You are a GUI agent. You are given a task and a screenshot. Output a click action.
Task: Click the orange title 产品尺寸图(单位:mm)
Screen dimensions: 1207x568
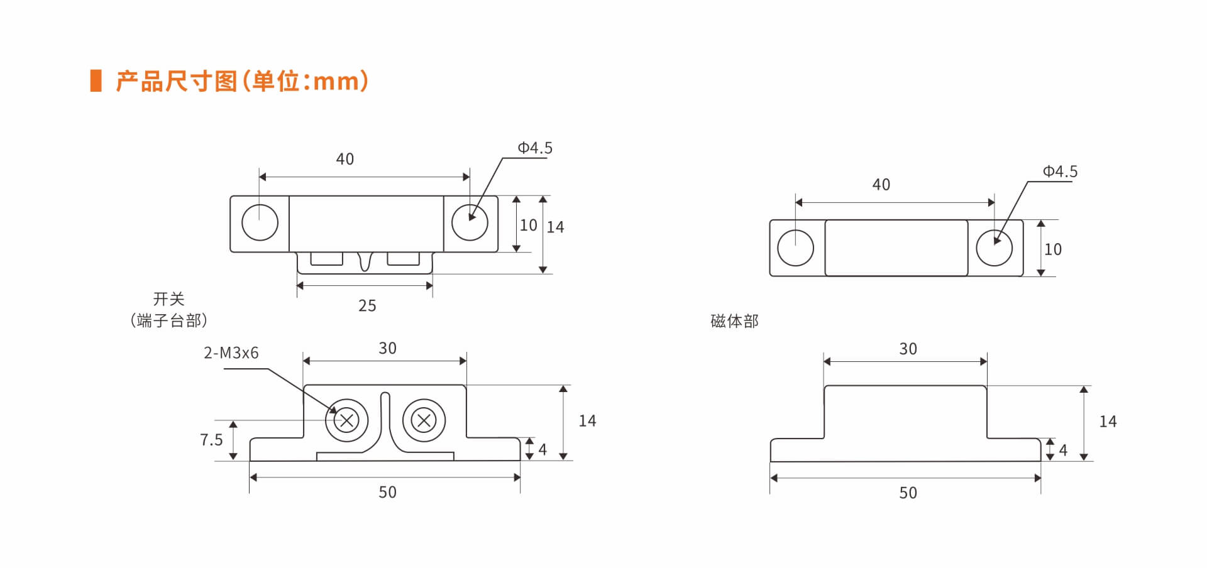242,81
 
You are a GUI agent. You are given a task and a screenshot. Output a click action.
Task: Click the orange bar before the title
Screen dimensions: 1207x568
96,80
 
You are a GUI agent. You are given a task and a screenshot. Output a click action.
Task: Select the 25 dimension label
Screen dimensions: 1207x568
367,306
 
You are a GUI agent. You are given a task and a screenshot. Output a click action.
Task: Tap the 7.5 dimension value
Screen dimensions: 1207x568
211,440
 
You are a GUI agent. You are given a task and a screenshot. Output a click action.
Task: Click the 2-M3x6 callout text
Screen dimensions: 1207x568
231,353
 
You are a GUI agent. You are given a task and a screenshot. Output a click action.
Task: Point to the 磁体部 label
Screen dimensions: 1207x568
734,321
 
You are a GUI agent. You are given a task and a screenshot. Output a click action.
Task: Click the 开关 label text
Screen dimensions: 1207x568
168,298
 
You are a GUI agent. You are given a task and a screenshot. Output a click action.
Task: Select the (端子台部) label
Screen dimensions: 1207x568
168,320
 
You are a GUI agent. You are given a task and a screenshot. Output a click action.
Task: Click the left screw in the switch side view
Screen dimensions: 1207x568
346,420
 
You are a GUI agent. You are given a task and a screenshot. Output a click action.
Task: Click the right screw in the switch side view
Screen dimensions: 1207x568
424,420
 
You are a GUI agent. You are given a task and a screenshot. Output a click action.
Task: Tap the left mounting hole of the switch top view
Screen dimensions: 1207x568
260,222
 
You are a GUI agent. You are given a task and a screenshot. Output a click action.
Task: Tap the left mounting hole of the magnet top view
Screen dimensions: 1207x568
795,248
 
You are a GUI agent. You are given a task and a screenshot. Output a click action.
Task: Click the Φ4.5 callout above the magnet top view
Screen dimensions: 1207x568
1060,172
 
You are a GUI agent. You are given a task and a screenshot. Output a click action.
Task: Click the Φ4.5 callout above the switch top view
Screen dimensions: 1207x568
535,148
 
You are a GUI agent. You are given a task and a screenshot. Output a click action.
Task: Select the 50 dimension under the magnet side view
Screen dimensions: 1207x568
908,493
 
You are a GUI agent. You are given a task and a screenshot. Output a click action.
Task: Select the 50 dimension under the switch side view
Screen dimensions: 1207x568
387,492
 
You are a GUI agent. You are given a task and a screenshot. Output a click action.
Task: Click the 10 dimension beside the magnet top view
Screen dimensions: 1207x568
1053,249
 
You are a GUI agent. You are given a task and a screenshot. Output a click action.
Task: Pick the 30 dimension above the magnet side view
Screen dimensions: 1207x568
908,349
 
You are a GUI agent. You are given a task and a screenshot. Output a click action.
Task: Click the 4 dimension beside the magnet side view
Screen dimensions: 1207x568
1063,450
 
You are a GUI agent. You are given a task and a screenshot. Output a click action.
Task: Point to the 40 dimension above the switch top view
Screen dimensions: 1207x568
344,159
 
